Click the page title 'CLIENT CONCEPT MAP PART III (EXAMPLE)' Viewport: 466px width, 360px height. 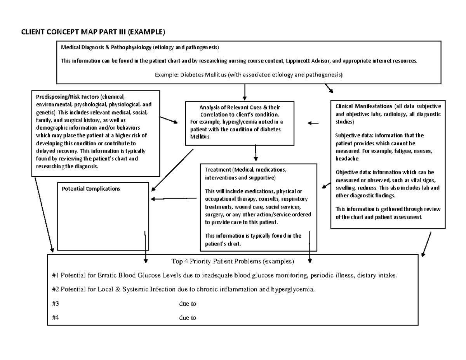93,31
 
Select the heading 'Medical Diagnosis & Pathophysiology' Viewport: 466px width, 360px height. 106,48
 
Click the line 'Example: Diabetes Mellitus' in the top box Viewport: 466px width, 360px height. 249,74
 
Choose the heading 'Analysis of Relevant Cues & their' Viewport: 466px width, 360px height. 240,108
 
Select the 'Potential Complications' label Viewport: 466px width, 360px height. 91,189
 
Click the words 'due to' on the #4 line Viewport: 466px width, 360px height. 188,318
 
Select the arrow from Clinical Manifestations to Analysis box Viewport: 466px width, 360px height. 313,123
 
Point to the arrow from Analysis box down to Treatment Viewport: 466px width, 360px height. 256,153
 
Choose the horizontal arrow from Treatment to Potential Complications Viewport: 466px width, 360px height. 174,199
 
